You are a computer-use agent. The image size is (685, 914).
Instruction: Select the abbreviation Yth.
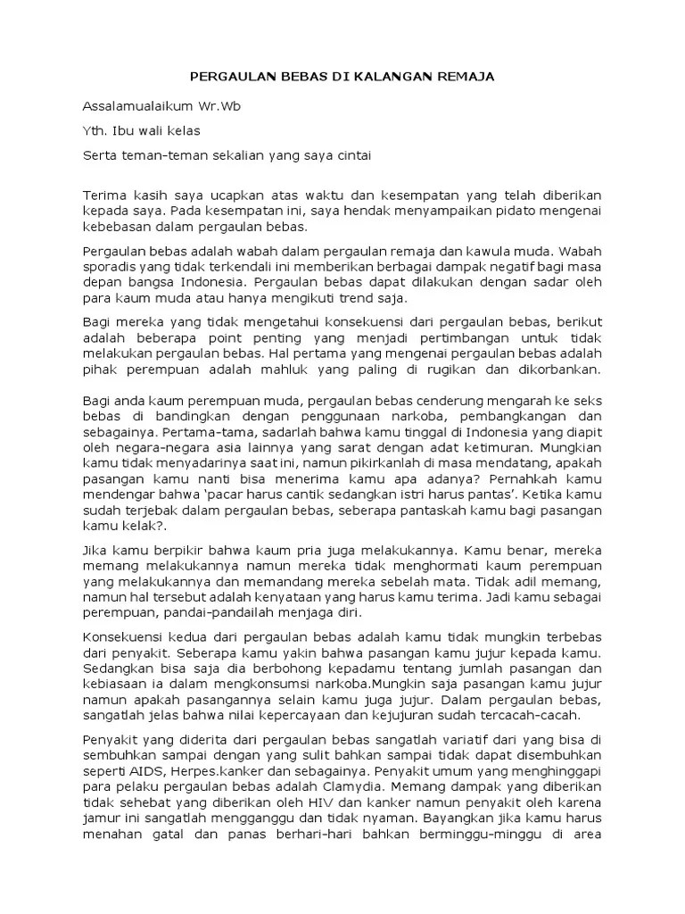coord(95,130)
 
